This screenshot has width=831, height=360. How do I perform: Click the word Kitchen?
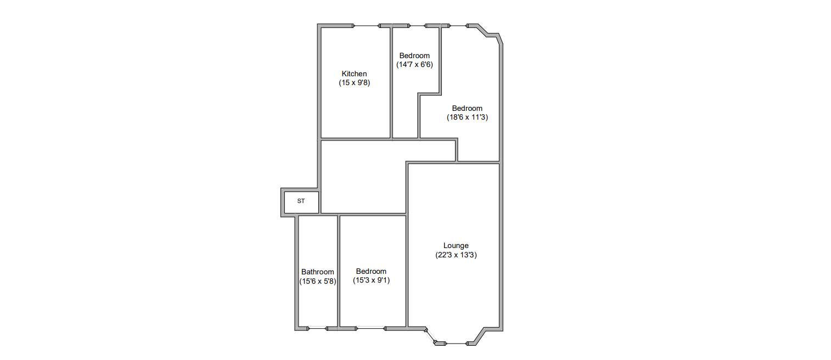coord(354,74)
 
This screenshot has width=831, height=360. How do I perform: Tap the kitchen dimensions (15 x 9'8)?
coord(354,83)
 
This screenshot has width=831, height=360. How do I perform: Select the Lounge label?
coord(456,245)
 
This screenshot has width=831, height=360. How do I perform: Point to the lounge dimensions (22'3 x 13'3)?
coord(456,255)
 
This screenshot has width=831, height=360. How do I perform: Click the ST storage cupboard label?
coord(301,201)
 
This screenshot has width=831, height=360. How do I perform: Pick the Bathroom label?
coord(318,272)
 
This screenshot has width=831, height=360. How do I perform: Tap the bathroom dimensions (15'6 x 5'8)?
coord(318,282)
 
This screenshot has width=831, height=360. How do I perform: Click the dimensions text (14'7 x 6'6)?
coord(414,65)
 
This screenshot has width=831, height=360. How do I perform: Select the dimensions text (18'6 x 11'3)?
coord(467,117)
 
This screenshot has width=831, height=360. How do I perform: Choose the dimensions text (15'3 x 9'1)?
coord(371,280)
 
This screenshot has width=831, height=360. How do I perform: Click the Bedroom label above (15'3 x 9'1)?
coord(371,272)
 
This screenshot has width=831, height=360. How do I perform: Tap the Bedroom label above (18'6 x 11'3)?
coord(467,108)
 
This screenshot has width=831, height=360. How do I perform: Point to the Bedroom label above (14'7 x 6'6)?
coord(414,55)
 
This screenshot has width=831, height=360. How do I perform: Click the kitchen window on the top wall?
coord(366,26)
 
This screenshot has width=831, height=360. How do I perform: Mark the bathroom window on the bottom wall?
coord(317,328)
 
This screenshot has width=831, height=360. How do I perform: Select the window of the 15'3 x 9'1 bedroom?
coord(370,328)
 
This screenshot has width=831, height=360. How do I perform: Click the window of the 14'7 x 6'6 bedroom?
coord(417,26)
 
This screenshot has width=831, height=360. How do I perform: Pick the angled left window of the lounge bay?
coord(431,336)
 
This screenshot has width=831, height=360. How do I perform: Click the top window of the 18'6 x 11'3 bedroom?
coord(458,26)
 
